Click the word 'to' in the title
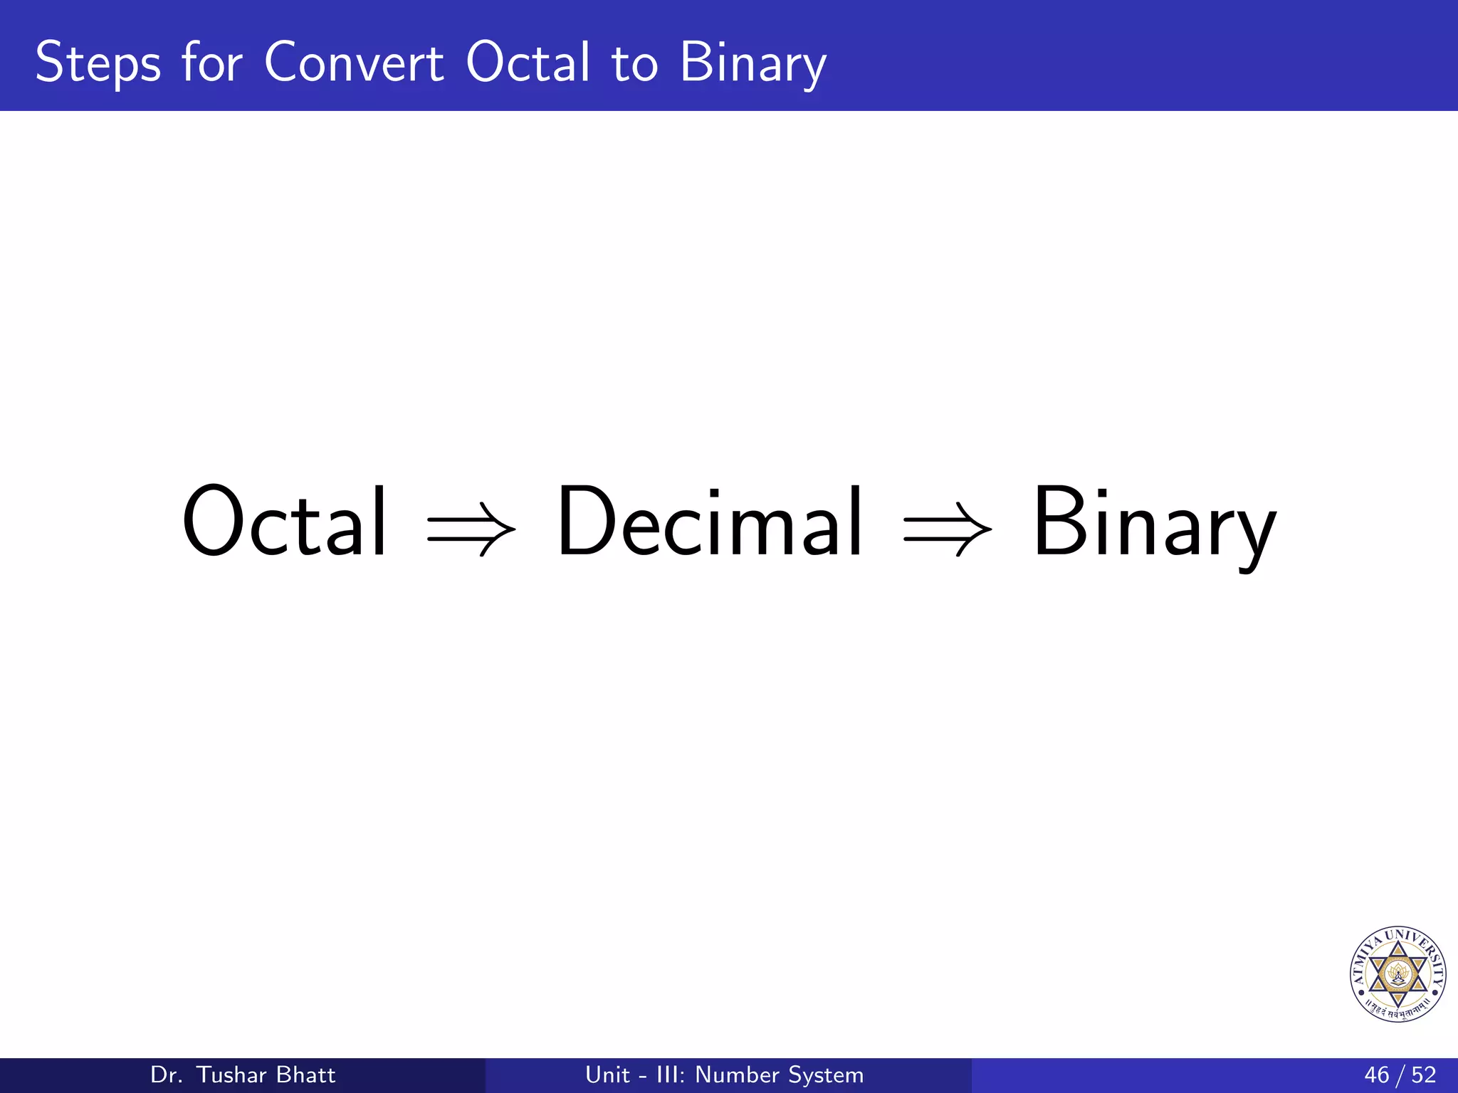coord(635,64)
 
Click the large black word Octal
coord(285,521)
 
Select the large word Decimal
coord(709,521)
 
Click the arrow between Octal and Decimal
coord(471,529)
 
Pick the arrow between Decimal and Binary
coord(948,529)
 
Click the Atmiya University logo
coord(1397,974)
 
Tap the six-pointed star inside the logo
coord(1397,973)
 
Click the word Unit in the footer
coord(607,1074)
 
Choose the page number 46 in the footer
coord(1377,1074)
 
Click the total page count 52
coord(1424,1074)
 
